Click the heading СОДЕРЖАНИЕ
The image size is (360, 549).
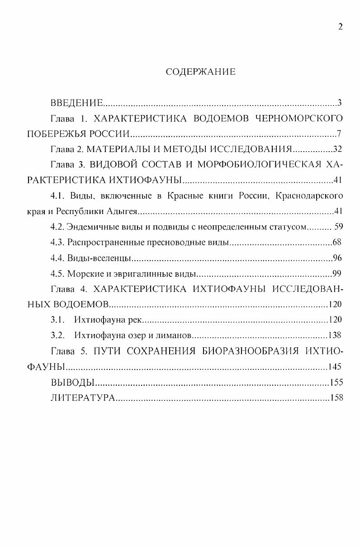click(x=201, y=72)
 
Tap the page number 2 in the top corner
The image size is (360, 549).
click(x=340, y=26)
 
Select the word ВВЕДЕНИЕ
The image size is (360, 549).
click(x=77, y=102)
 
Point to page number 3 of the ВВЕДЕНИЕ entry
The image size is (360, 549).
click(x=339, y=102)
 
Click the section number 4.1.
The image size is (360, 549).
click(x=58, y=196)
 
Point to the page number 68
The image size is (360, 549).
click(x=337, y=243)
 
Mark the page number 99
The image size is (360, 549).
click(x=337, y=274)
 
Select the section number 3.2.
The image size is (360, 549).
click(x=57, y=335)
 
